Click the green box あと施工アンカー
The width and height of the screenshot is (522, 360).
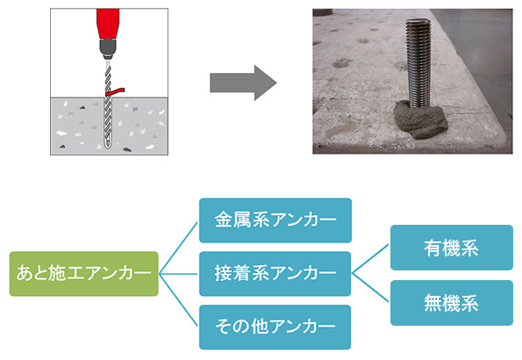(x=84, y=274)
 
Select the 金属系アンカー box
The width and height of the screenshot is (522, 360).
(x=275, y=220)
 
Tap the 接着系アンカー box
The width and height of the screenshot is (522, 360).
(x=275, y=274)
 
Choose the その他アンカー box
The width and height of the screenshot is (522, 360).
(x=275, y=327)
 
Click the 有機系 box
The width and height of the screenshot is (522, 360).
(x=452, y=248)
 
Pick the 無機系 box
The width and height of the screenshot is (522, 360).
(x=452, y=303)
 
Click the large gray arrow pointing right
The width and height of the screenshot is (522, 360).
(x=243, y=83)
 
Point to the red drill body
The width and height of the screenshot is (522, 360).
(x=108, y=24)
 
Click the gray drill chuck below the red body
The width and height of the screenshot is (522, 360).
(x=108, y=48)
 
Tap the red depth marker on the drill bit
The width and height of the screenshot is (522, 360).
(x=115, y=91)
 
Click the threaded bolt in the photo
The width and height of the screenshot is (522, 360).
(x=418, y=63)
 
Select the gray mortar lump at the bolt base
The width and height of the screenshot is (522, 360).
(x=421, y=120)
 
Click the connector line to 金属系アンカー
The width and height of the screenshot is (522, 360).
(x=179, y=248)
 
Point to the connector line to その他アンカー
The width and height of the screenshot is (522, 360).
(x=179, y=300)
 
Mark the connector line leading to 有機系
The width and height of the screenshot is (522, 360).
(x=370, y=259)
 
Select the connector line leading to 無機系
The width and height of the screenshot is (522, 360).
(x=370, y=288)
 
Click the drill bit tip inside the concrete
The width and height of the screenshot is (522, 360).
(x=108, y=146)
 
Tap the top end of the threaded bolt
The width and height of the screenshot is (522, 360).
(x=418, y=20)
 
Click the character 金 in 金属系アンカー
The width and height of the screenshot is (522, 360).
(x=224, y=220)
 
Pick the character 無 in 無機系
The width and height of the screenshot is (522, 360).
(x=433, y=303)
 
